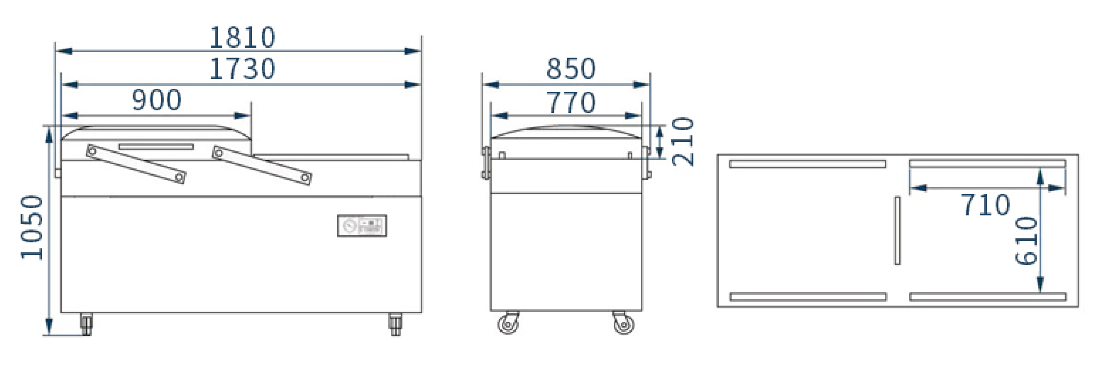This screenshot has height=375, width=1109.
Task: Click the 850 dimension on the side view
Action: (x=571, y=69)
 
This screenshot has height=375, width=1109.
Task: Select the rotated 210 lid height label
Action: (x=683, y=141)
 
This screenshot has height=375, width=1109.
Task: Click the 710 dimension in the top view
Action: (x=985, y=205)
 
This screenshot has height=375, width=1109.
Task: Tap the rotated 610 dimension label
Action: (x=1026, y=241)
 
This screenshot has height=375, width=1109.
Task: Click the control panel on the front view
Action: (x=362, y=225)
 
